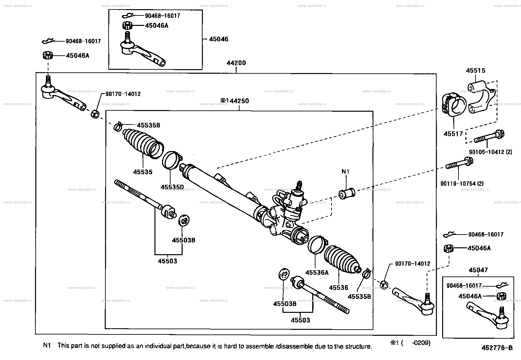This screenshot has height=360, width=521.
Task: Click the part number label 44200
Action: [x=236, y=63]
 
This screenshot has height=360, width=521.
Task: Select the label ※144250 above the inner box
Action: [x=234, y=101]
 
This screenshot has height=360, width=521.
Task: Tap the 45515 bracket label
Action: [x=476, y=70]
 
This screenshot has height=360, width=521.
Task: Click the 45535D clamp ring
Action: [x=171, y=160]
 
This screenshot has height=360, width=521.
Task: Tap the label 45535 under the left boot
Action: [x=143, y=172]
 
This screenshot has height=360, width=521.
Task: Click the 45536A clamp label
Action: [x=316, y=272]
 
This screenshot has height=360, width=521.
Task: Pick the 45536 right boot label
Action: [x=338, y=287]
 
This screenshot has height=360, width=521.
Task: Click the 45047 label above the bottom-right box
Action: [x=478, y=270]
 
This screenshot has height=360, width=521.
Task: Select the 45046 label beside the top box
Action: [x=219, y=39]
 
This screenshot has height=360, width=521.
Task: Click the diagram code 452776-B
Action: [x=496, y=348]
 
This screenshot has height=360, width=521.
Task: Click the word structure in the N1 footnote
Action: [x=360, y=346]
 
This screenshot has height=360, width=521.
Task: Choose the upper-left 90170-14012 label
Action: [x=123, y=94]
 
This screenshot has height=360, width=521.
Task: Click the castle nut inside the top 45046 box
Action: [x=127, y=25]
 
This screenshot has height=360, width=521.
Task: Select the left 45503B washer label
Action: [x=184, y=240]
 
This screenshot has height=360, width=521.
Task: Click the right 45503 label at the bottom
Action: [x=300, y=320]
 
